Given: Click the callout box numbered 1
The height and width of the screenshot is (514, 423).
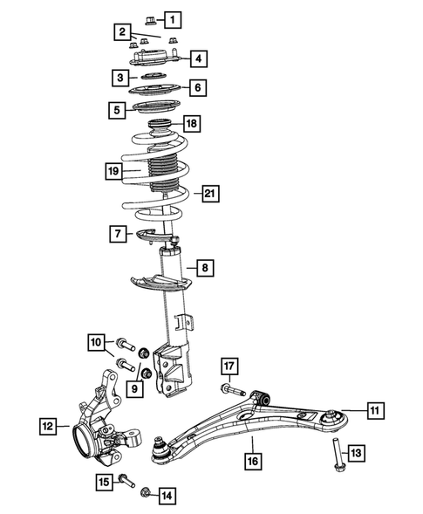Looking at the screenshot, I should click(x=175, y=18).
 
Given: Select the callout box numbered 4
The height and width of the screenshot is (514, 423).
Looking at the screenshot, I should click(x=198, y=59).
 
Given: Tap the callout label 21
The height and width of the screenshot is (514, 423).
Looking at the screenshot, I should click(x=210, y=194).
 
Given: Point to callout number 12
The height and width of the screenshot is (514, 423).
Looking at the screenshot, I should click(x=48, y=427).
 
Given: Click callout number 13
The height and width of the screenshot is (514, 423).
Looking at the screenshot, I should click(x=356, y=452).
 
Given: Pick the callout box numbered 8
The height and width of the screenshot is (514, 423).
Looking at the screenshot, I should click(x=203, y=268).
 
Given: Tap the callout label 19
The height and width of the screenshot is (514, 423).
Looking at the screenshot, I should click(x=113, y=171).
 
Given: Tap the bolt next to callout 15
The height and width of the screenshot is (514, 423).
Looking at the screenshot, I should click(x=127, y=479).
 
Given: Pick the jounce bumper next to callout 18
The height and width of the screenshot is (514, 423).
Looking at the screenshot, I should click(x=162, y=127).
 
